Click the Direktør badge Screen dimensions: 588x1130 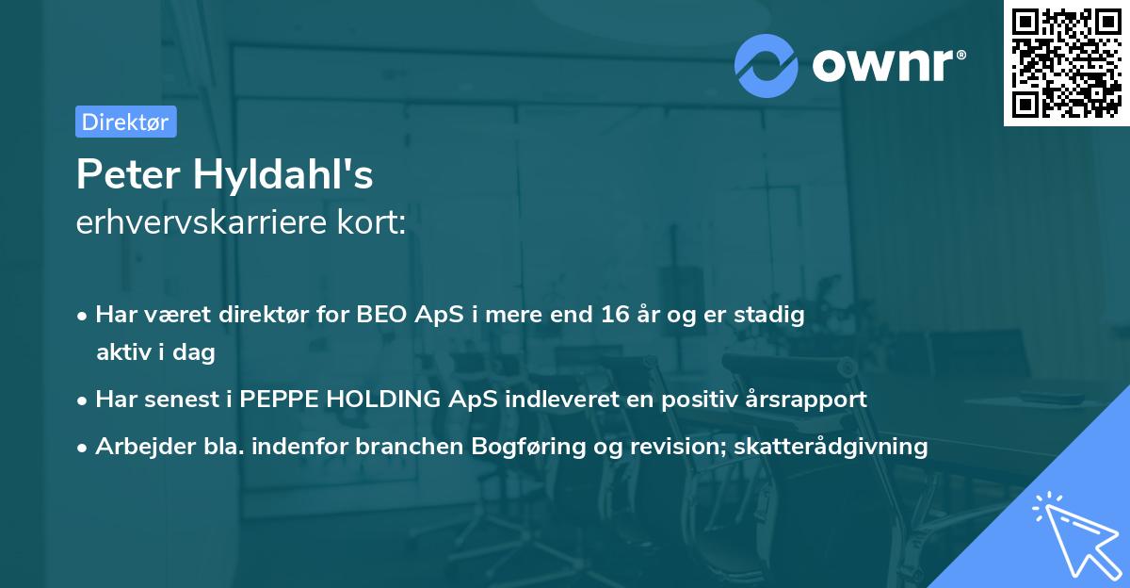[125, 122]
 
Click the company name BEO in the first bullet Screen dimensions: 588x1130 [383, 316]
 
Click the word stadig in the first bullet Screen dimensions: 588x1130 [774, 316]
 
